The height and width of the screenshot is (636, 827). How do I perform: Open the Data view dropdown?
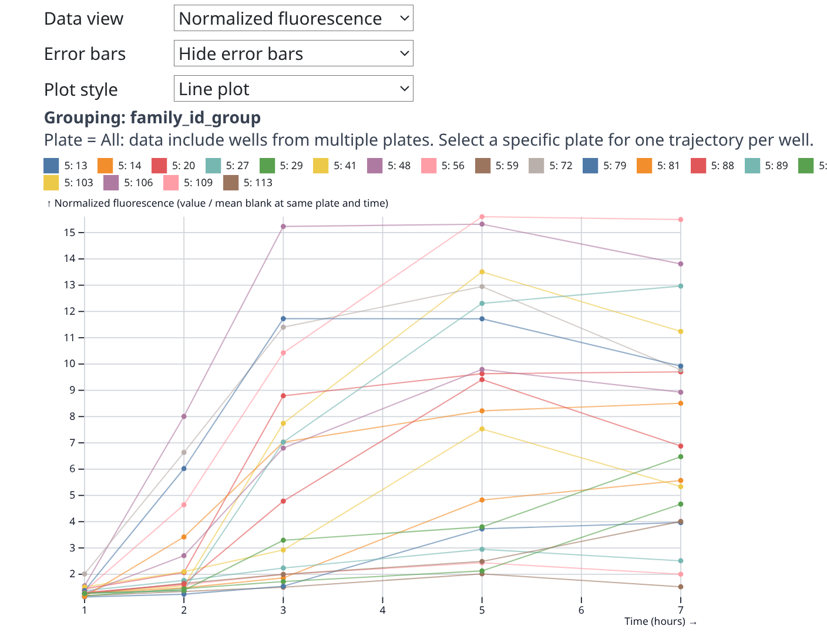click(x=293, y=18)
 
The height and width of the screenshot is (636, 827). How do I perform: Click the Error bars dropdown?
click(x=293, y=53)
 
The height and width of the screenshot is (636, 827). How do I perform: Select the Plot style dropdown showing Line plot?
click(x=293, y=89)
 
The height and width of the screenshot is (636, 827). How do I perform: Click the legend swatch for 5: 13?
click(x=51, y=166)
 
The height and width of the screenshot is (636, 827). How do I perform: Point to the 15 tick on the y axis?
click(x=70, y=233)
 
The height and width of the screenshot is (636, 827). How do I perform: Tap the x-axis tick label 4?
click(x=382, y=610)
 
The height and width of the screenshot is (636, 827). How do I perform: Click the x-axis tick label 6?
click(x=581, y=610)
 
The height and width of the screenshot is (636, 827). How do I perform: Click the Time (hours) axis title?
click(x=654, y=621)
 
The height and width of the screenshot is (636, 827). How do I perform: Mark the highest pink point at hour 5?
click(x=482, y=217)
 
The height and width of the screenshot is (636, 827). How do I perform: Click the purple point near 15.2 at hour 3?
click(x=283, y=226)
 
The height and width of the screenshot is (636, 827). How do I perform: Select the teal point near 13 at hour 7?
click(x=681, y=286)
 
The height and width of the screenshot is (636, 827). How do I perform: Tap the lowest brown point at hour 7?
click(x=681, y=587)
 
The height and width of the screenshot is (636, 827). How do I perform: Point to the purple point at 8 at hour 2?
click(x=184, y=416)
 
